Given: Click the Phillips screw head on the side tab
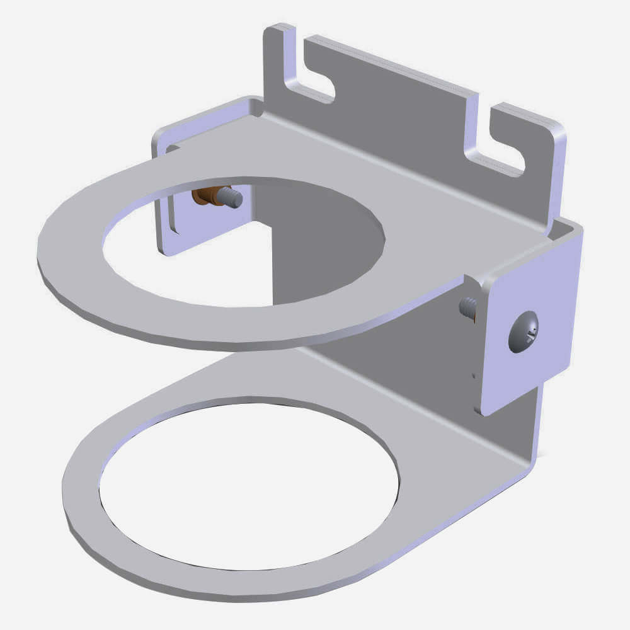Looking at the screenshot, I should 524,331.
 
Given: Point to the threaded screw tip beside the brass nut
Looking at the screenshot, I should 232,198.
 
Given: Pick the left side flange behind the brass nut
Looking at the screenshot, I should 169,214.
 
